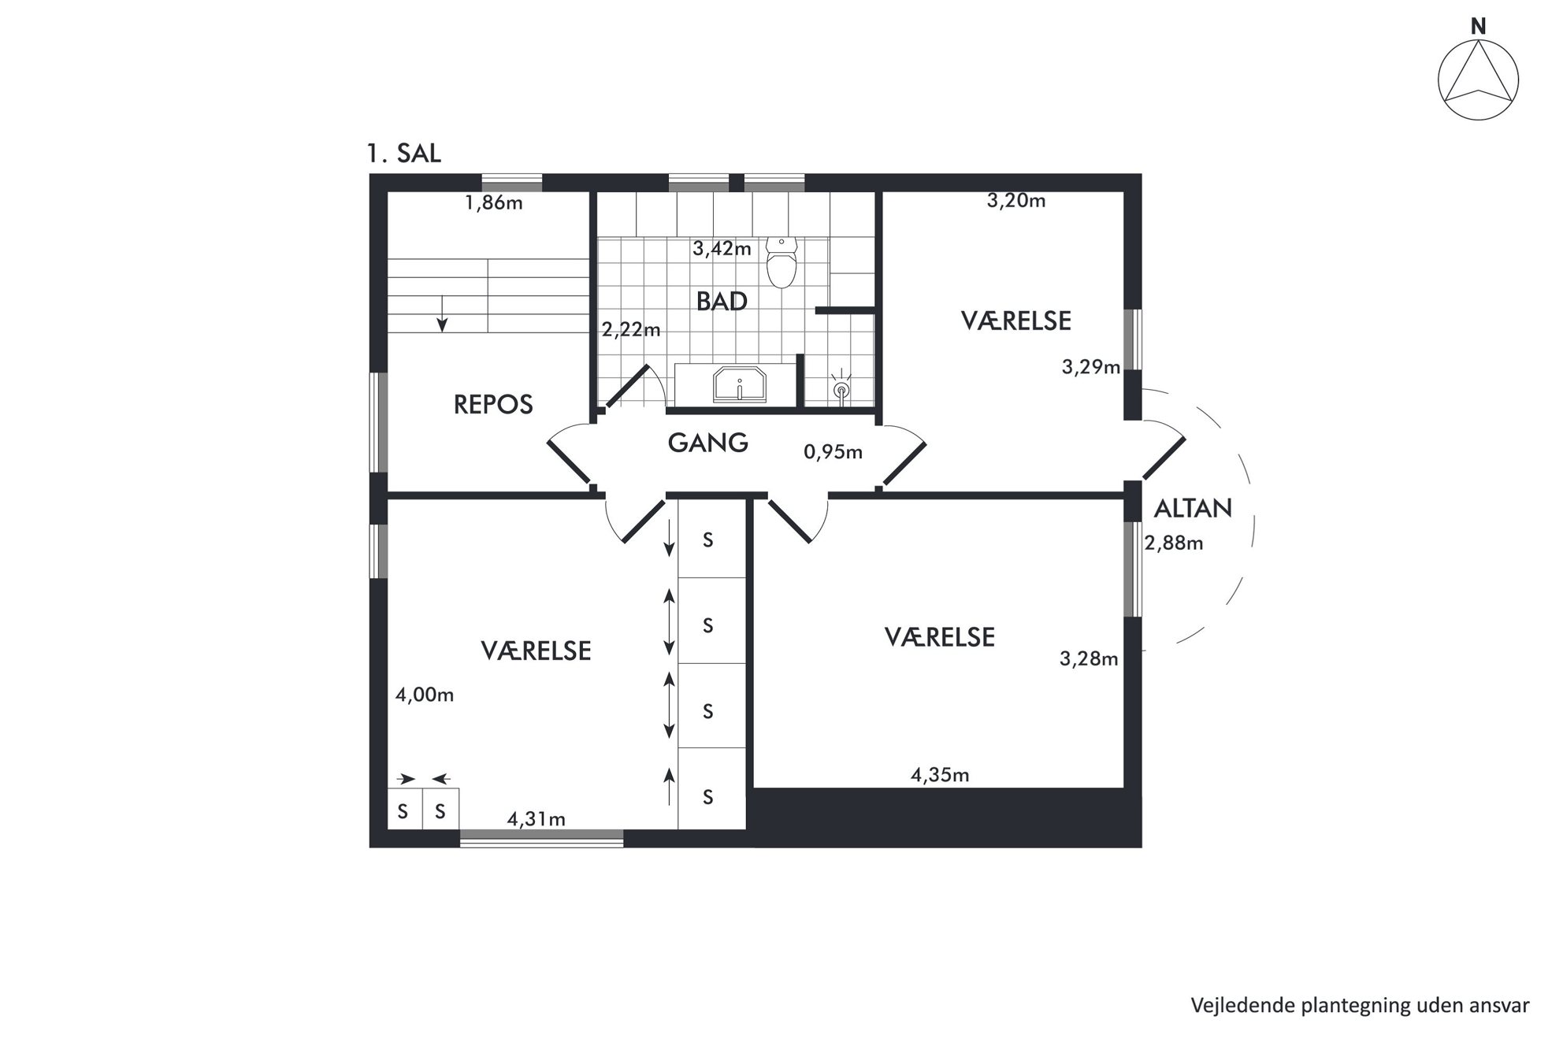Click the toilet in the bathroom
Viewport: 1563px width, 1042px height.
[x=781, y=262]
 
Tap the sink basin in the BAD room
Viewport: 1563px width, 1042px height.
[x=740, y=385]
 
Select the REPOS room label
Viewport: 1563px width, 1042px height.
[x=493, y=405]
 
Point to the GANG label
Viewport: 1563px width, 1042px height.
[x=707, y=443]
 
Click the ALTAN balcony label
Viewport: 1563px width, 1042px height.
[x=1193, y=509]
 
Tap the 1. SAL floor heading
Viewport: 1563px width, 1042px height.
[x=404, y=153]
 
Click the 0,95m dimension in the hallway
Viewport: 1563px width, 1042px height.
[x=833, y=452]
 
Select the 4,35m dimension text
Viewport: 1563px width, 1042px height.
[x=940, y=775]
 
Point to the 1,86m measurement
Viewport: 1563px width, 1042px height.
[x=494, y=203]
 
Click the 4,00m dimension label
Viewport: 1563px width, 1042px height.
[x=425, y=695]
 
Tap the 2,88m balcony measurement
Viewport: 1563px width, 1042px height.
[x=1174, y=543]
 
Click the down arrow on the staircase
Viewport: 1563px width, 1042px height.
[x=443, y=313]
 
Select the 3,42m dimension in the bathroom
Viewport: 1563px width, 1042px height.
[x=722, y=249]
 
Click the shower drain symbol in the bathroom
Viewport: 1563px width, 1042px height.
[x=841, y=389]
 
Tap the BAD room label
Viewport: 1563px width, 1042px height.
[x=722, y=302]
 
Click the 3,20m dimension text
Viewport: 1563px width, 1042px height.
[x=1016, y=201]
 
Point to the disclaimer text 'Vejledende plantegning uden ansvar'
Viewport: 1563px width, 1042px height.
[x=1360, y=1006]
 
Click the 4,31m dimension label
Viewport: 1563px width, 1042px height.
[x=536, y=819]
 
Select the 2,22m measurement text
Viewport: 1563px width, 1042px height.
[x=631, y=330]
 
